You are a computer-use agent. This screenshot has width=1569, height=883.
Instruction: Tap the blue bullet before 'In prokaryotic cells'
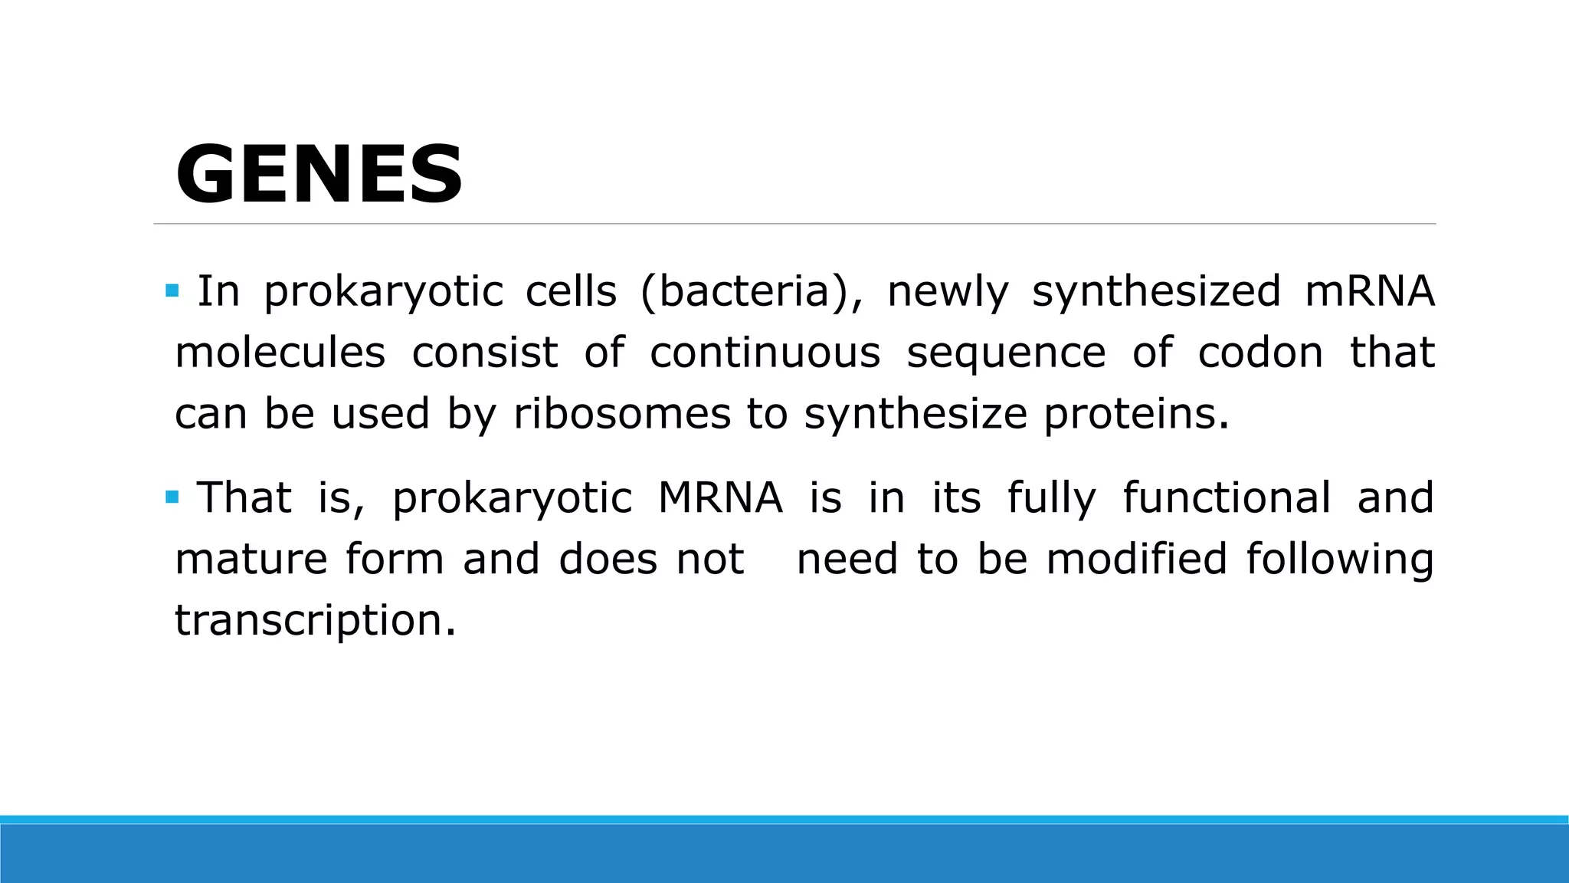[x=172, y=291]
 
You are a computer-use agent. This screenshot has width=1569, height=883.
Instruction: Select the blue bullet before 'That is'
[x=172, y=497]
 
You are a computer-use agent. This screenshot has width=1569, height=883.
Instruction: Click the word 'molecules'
[x=280, y=353]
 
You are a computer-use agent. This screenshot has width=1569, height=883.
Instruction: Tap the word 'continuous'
[x=765, y=353]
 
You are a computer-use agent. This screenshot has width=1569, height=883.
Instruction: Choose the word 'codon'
[x=1260, y=353]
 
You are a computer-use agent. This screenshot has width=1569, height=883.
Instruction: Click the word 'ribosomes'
[x=622, y=414]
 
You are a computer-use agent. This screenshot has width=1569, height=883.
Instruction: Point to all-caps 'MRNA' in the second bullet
[x=720, y=497]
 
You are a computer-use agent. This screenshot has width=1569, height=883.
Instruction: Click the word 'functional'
[x=1227, y=497]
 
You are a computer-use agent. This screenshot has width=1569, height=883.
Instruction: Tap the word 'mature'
[x=251, y=559]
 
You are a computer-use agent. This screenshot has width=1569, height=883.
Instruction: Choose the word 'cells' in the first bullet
[x=571, y=292]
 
